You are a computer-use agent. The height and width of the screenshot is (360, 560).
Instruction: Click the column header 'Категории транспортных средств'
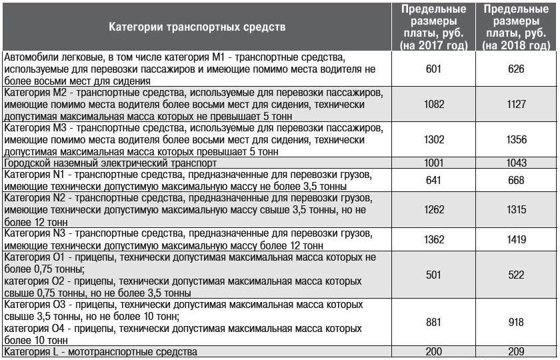click(197, 27)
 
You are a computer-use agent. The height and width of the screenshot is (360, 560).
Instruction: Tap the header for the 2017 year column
click(433, 27)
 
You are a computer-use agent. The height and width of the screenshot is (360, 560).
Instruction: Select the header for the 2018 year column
click(515, 27)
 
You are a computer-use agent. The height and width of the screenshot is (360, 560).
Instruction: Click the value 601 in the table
click(433, 69)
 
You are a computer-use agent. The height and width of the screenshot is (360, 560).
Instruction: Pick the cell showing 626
click(515, 69)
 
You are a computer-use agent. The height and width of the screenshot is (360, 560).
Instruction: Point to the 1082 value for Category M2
click(433, 104)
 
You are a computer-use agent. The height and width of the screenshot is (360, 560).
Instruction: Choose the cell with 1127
click(515, 104)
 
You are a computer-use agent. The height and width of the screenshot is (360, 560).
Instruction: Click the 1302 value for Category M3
click(433, 139)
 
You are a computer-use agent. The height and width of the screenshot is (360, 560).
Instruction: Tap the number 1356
click(515, 139)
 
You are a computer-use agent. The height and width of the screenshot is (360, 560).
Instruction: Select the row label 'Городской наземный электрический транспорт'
click(111, 163)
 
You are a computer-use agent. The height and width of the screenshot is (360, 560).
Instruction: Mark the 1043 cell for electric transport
click(515, 163)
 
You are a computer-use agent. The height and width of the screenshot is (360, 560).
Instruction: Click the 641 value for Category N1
click(433, 181)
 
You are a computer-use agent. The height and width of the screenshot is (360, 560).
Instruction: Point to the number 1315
click(515, 210)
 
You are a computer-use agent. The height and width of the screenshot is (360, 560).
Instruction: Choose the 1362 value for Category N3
click(433, 239)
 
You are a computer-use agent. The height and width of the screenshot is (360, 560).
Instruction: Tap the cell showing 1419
click(515, 239)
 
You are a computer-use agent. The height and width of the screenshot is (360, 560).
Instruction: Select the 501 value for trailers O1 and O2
click(433, 275)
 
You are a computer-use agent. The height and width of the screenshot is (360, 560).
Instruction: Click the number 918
click(515, 322)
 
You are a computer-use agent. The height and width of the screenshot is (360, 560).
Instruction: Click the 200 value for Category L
click(433, 351)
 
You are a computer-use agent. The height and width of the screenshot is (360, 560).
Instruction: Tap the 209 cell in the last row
click(515, 351)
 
